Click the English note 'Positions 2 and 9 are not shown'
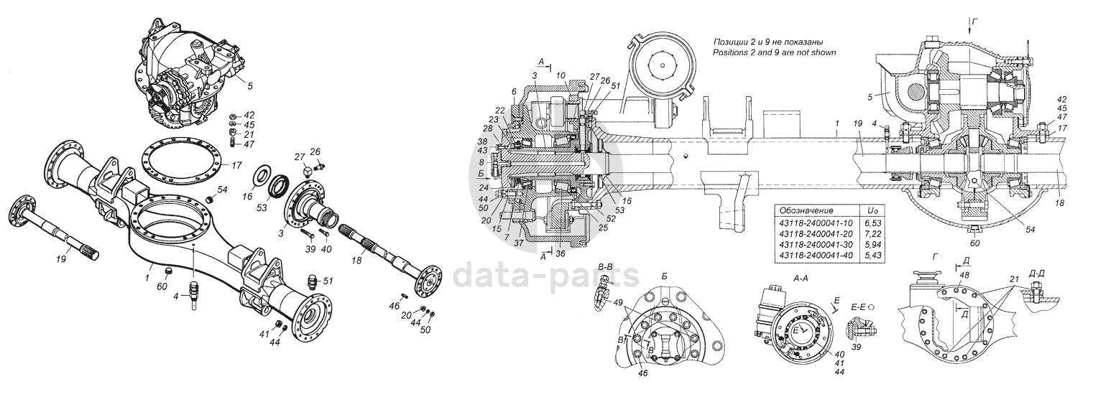pos(773,53)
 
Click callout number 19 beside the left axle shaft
pos(60,259)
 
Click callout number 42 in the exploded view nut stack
pos(249,115)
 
